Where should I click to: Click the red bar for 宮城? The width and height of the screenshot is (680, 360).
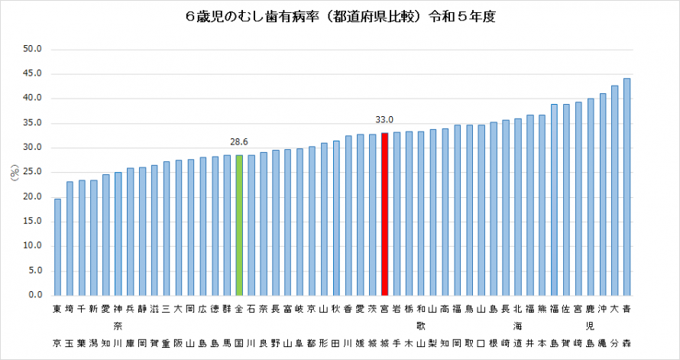(x=384, y=214)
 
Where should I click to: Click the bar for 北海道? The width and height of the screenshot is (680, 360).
(x=517, y=206)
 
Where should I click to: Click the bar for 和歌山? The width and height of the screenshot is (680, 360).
(x=420, y=213)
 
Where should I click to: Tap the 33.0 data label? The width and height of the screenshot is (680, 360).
(x=384, y=119)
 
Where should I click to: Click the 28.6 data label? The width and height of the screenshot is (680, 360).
(x=239, y=141)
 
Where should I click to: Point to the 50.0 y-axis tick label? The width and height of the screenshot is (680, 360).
(x=34, y=50)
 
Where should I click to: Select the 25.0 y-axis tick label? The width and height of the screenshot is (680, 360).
(x=34, y=173)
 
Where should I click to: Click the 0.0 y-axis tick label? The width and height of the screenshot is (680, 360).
(x=36, y=295)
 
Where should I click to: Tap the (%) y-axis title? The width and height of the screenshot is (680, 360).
(x=14, y=173)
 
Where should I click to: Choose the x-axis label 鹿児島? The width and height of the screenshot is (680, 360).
(x=590, y=326)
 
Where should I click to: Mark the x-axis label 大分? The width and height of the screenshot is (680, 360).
(x=614, y=326)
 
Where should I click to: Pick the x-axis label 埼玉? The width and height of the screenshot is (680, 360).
(x=70, y=326)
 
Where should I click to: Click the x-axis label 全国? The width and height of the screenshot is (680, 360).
(x=239, y=326)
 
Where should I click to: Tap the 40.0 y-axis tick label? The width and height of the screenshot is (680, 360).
(x=34, y=99)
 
